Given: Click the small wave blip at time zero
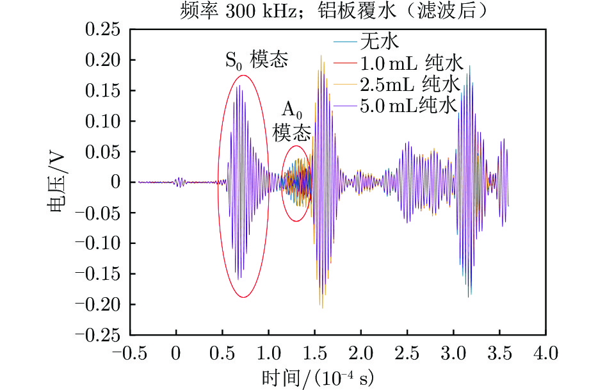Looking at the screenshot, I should [x=179, y=183].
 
